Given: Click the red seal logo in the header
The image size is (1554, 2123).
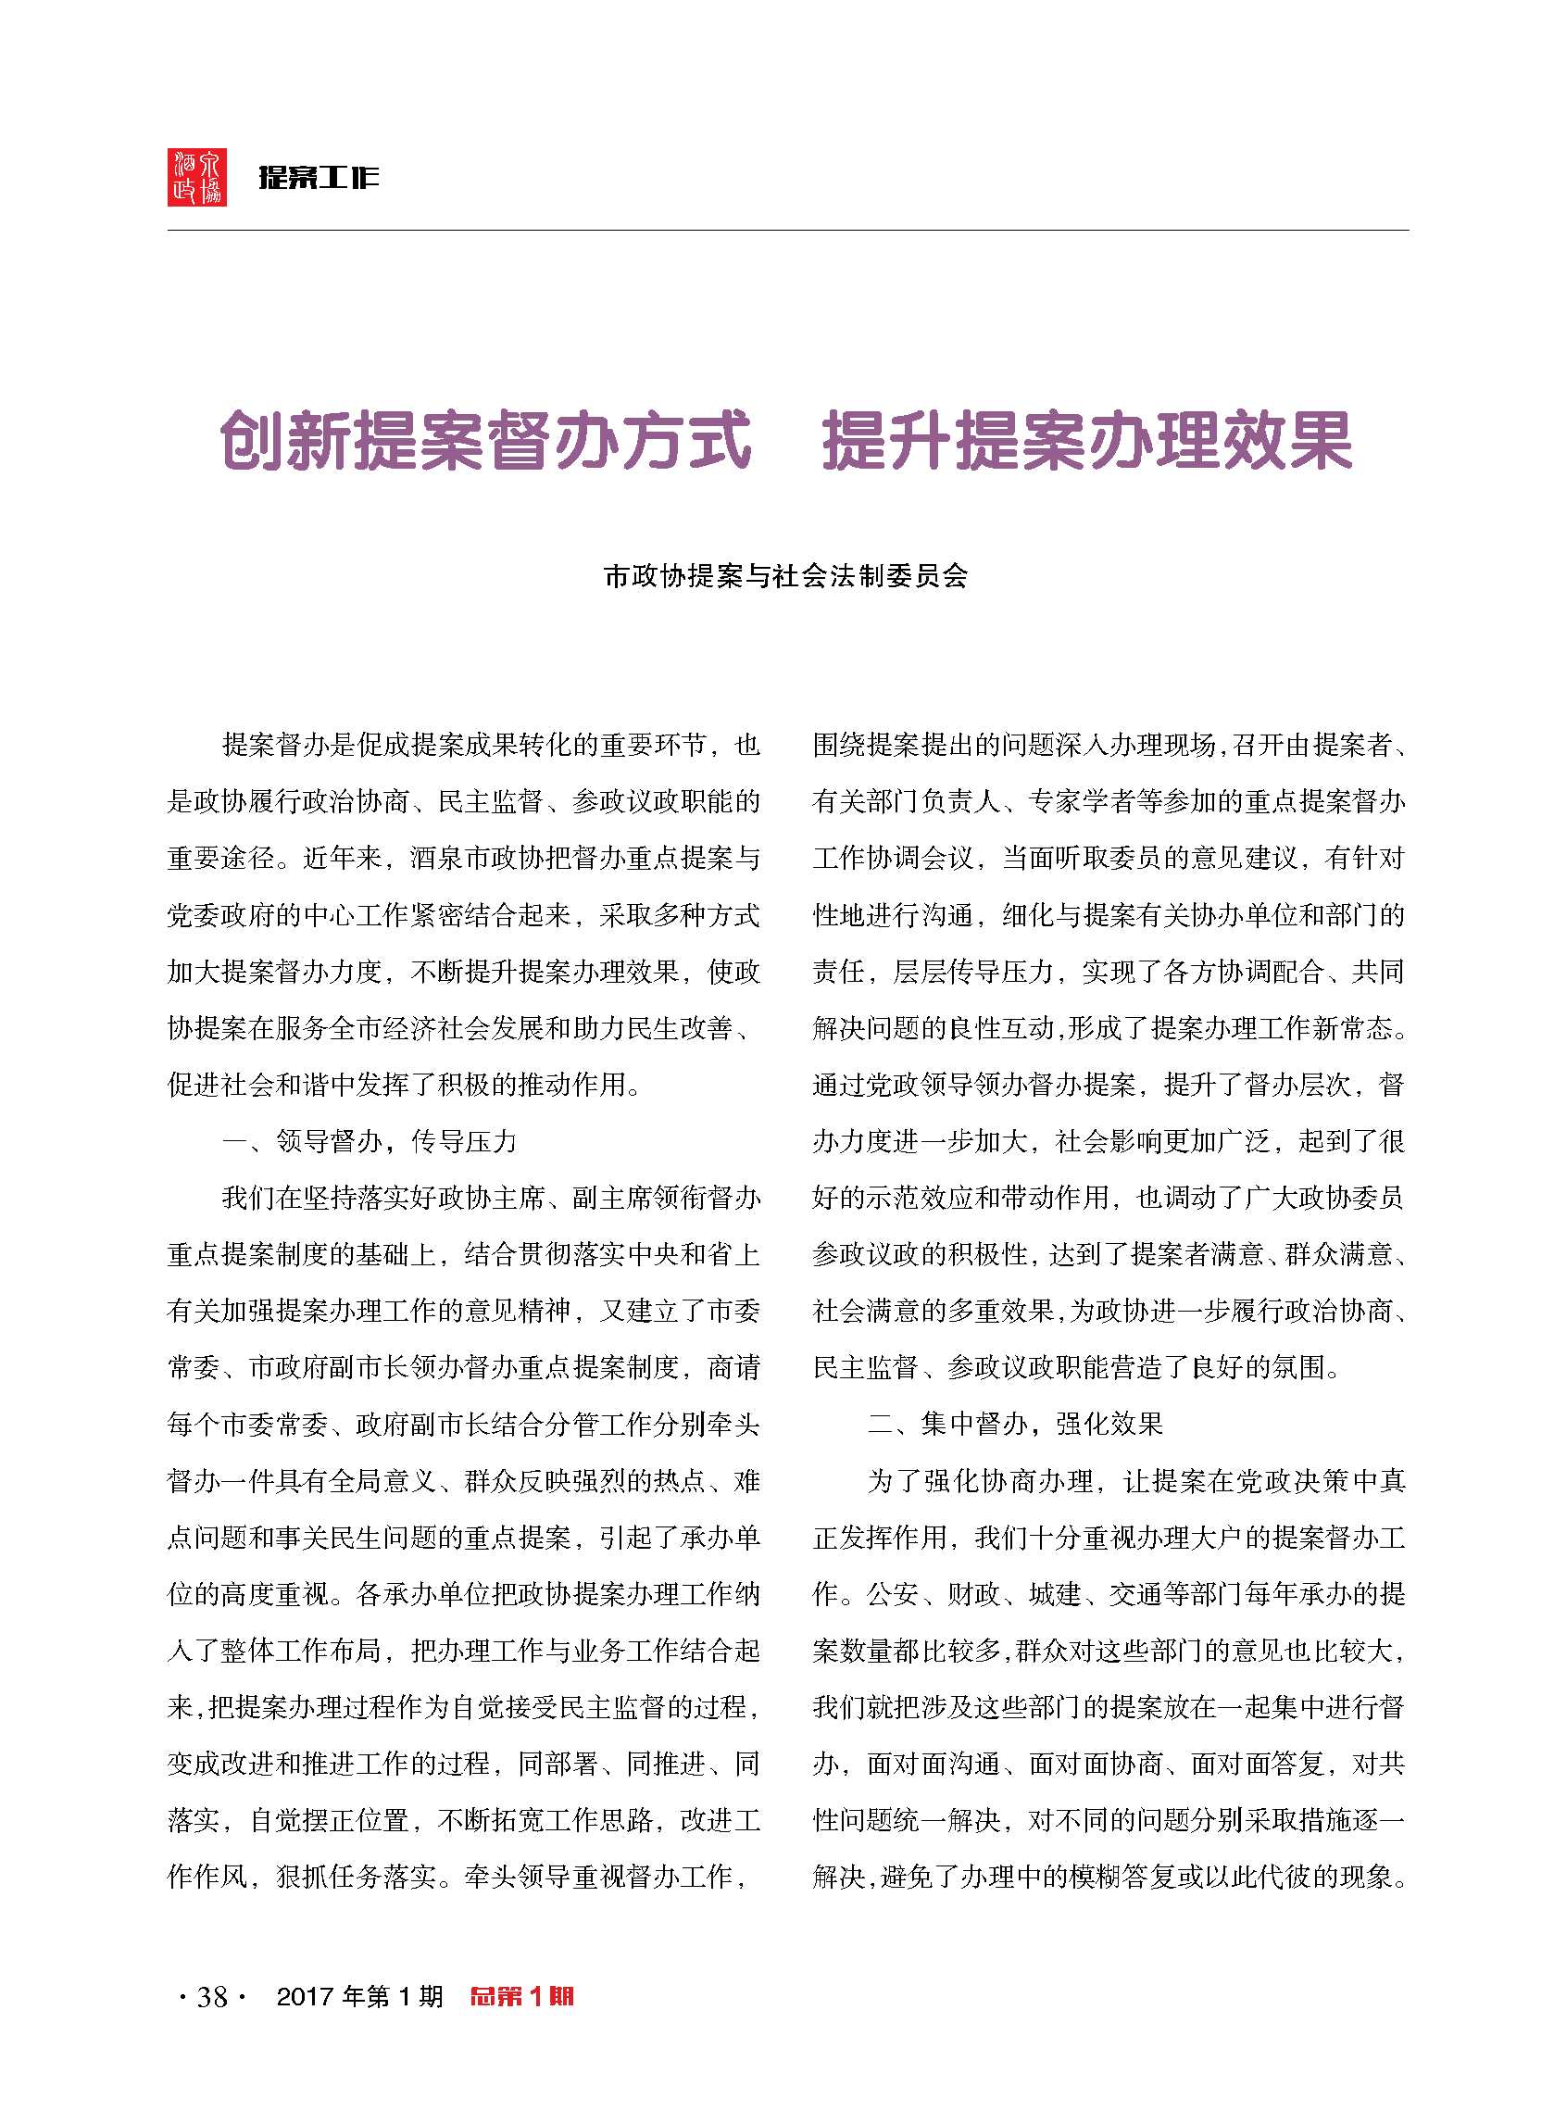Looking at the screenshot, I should pyautogui.click(x=196, y=177).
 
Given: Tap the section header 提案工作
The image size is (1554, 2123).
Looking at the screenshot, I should pyautogui.click(x=319, y=177).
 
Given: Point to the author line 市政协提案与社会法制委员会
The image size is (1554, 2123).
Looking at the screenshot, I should pyautogui.click(x=785, y=575).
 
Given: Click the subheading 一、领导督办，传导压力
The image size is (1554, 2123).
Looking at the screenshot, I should pyautogui.click(x=370, y=1141).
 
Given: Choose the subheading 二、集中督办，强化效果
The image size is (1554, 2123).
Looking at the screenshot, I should pyautogui.click(x=1015, y=1424).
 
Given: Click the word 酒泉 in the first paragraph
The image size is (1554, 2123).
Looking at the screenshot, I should pyautogui.click(x=437, y=858).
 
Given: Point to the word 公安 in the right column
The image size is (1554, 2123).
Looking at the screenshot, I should pyautogui.click(x=893, y=1594).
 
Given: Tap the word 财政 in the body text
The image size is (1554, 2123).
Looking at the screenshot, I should pyautogui.click(x=974, y=1594).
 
